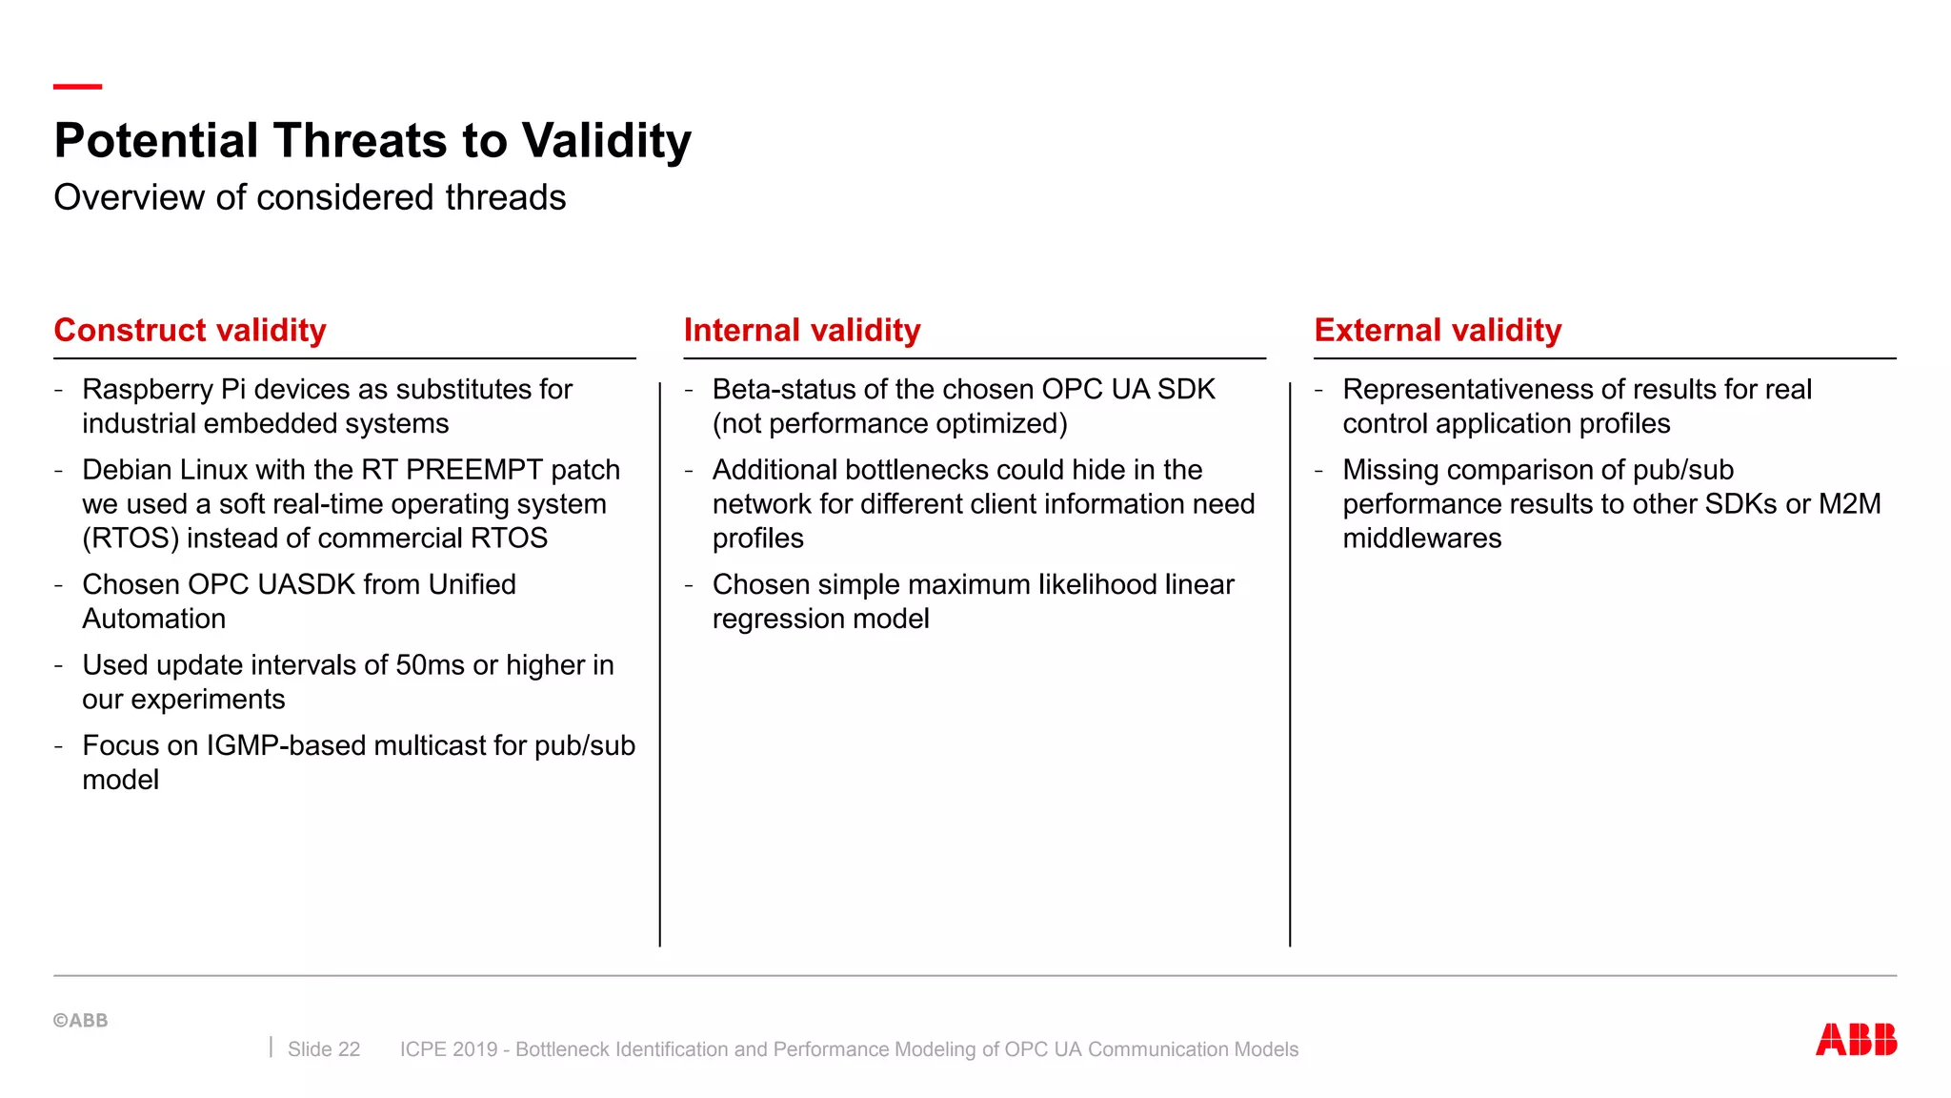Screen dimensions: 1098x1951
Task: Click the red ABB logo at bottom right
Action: (x=1855, y=1039)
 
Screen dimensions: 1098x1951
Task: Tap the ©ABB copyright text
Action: (x=81, y=1020)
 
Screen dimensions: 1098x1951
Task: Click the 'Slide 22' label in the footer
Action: (x=324, y=1049)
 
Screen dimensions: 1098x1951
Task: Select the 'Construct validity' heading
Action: (x=191, y=330)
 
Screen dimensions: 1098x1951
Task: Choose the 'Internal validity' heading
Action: (x=802, y=330)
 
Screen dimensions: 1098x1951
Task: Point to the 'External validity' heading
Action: (x=1438, y=330)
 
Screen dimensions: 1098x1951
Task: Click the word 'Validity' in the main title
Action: (x=607, y=141)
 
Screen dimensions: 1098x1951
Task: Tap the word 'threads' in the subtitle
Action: (x=505, y=197)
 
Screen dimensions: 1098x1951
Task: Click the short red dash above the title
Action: (x=77, y=87)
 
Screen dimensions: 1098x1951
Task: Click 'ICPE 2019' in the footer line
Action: (x=449, y=1049)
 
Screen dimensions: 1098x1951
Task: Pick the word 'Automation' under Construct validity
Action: (x=154, y=619)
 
